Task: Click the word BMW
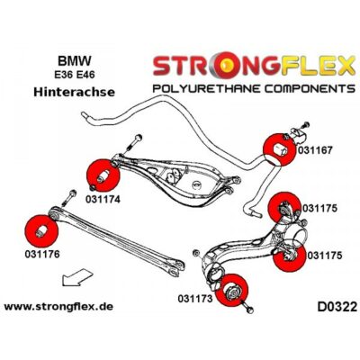point(74,61)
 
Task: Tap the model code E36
point(64,75)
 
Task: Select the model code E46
point(85,75)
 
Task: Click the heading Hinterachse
point(74,92)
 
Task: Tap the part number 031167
point(315,150)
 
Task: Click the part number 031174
point(103,199)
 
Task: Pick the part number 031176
point(42,254)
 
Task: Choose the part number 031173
point(195,299)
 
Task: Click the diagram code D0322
point(337,307)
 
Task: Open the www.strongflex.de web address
point(58,307)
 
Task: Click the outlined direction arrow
point(76,277)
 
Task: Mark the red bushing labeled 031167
point(279,149)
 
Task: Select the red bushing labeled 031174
point(103,175)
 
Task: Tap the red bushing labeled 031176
point(41,231)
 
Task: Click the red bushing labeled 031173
point(232,291)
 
